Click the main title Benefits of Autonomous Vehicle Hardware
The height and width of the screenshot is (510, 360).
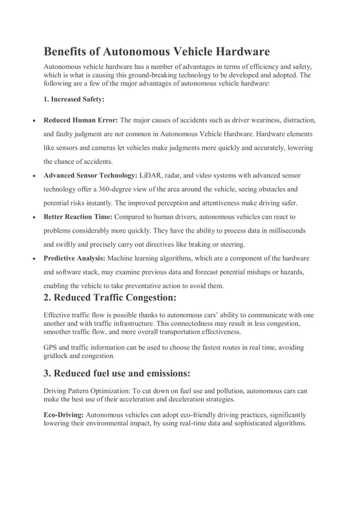pos(156,52)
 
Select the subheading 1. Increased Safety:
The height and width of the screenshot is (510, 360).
pos(74,99)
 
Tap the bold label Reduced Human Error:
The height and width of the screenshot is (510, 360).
pos(80,120)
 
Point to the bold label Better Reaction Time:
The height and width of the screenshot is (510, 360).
pos(78,217)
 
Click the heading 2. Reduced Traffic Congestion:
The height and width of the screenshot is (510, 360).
pos(110,298)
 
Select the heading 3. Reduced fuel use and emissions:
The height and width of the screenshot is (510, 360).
pos(117,373)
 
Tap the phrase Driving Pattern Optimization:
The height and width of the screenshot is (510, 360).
pos(87,390)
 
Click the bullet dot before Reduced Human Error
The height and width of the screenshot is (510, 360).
pos(35,121)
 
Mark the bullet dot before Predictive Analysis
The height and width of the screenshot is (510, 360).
pos(35,259)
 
